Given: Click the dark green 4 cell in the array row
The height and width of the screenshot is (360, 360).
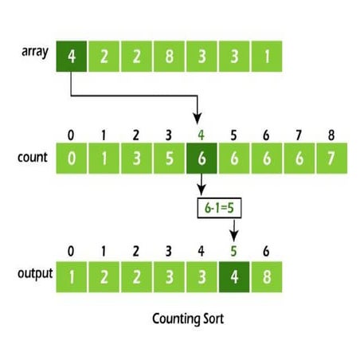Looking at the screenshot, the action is [x=72, y=57].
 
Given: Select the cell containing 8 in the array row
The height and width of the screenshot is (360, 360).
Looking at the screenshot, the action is [x=169, y=57].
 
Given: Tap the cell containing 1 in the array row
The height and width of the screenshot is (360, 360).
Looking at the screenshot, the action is [x=267, y=57].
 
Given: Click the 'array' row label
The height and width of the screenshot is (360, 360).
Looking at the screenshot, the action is [x=35, y=52].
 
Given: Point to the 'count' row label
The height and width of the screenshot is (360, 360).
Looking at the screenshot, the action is [x=33, y=157].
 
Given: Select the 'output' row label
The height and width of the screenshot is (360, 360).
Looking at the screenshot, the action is [x=35, y=274].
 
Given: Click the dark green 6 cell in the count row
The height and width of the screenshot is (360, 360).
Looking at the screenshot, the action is [x=202, y=158].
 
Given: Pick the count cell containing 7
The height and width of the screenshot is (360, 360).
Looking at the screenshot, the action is [x=332, y=158].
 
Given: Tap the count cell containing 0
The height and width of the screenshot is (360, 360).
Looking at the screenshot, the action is [x=72, y=158].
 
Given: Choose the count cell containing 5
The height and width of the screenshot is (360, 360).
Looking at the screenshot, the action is [x=169, y=158].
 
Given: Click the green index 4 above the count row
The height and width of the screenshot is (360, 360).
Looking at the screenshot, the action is [x=202, y=135].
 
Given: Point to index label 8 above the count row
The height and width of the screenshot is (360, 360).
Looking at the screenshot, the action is [x=331, y=135].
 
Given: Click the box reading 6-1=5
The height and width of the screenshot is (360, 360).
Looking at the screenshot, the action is [x=219, y=208].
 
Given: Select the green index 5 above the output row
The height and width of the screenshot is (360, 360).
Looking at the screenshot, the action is [x=233, y=251].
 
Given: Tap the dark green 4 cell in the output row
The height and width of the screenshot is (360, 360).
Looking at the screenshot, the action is [x=234, y=277].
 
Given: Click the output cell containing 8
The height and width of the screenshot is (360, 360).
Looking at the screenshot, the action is [x=267, y=277].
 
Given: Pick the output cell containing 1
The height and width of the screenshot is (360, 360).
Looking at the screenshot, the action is [x=72, y=277].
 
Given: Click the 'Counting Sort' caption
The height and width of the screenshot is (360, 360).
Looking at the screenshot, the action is [x=188, y=319].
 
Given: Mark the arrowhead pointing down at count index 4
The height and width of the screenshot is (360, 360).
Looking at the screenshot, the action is [x=198, y=119].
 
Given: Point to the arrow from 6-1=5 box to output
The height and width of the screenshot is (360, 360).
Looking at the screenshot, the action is [x=234, y=230].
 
